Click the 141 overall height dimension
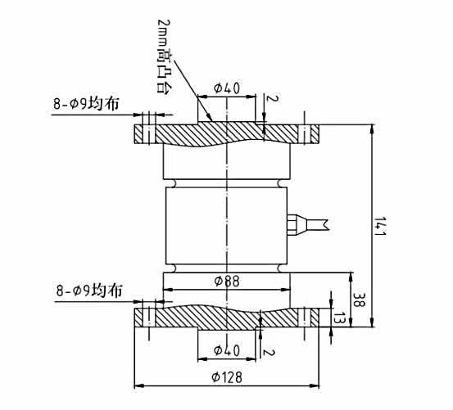coord(378,224)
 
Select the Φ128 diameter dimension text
coord(226,377)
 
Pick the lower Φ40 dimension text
coord(226,349)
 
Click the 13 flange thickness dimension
coord(338,318)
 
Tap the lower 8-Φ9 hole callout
coord(90,291)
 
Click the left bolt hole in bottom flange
coord(147,318)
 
